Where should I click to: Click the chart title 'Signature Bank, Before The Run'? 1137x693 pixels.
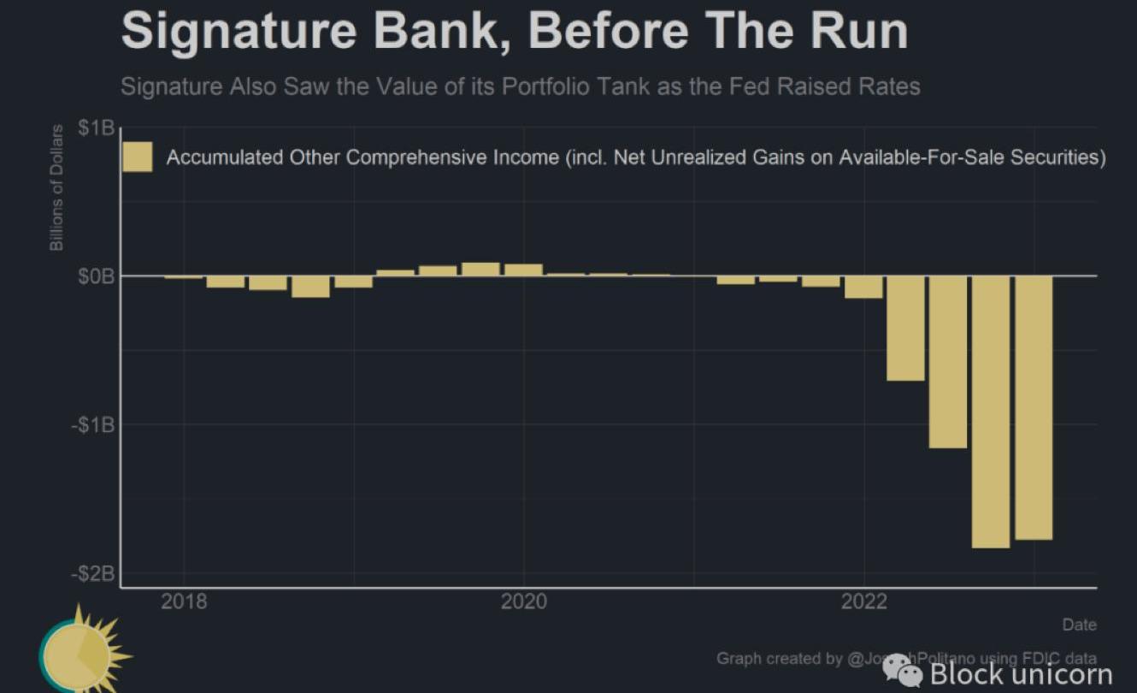point(514,31)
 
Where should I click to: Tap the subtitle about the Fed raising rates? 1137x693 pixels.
point(520,86)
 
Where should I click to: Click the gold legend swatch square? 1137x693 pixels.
point(137,157)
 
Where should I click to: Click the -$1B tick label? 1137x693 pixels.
point(92,425)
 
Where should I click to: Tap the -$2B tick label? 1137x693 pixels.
point(92,574)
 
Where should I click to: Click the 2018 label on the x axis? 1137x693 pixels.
point(184,602)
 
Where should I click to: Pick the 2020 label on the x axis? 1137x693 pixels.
point(523,602)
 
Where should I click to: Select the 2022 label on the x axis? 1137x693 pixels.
point(863,602)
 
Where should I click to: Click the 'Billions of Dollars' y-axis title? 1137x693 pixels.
point(56,187)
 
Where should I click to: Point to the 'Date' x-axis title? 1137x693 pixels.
point(1079,625)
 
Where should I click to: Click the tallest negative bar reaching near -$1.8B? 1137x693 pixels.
point(991,412)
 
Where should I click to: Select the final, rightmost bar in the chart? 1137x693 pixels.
point(1033,407)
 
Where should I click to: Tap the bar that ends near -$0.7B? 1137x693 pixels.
point(905,329)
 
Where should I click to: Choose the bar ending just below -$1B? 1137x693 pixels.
point(948,362)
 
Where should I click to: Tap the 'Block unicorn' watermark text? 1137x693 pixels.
point(1020,673)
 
